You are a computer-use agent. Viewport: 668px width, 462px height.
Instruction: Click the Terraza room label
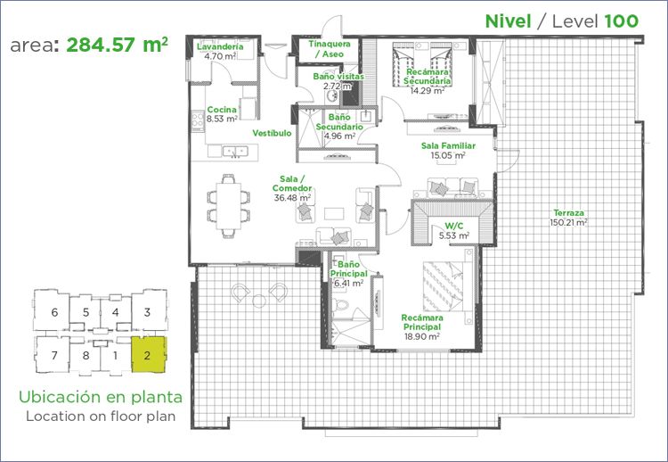569,212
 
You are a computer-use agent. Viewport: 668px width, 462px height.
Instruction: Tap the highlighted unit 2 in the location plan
148,354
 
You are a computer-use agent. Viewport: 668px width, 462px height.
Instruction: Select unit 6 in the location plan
53,311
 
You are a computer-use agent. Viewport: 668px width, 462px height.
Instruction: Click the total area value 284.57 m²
118,45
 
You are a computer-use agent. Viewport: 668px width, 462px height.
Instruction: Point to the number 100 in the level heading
622,21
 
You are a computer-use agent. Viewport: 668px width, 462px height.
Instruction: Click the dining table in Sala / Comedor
228,206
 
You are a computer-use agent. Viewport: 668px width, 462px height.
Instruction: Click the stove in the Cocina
198,120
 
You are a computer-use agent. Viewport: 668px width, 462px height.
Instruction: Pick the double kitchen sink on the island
235,151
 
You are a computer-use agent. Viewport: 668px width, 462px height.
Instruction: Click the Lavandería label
220,46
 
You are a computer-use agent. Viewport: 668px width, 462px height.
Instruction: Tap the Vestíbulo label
272,133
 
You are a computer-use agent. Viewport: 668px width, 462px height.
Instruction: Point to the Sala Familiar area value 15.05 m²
448,156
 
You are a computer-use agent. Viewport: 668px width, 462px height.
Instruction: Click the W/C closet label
454,226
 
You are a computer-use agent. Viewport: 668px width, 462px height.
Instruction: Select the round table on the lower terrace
259,301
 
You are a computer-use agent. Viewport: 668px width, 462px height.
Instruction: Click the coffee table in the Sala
334,213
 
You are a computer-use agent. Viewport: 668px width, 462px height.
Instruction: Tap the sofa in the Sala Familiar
452,187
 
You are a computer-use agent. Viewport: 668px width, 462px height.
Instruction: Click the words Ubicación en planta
101,397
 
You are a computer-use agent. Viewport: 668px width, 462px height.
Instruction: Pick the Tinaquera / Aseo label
330,49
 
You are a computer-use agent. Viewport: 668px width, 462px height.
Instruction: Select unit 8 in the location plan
86,355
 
